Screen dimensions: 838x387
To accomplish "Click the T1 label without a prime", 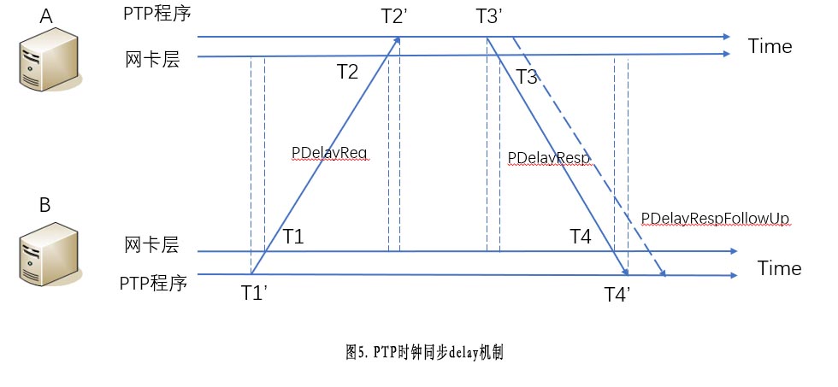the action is point(293,237).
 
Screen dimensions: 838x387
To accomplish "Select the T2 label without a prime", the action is point(347,72).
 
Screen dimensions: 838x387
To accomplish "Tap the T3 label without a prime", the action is point(527,78).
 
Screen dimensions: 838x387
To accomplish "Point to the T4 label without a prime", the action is point(581,237).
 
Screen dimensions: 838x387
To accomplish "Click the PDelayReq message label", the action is point(329,152).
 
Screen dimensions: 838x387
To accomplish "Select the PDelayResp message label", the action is point(549,158).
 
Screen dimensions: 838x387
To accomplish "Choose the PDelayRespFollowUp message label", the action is point(715,219).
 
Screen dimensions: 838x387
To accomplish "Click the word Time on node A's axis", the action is point(770,46).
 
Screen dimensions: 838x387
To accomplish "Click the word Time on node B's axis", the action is point(779,268).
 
